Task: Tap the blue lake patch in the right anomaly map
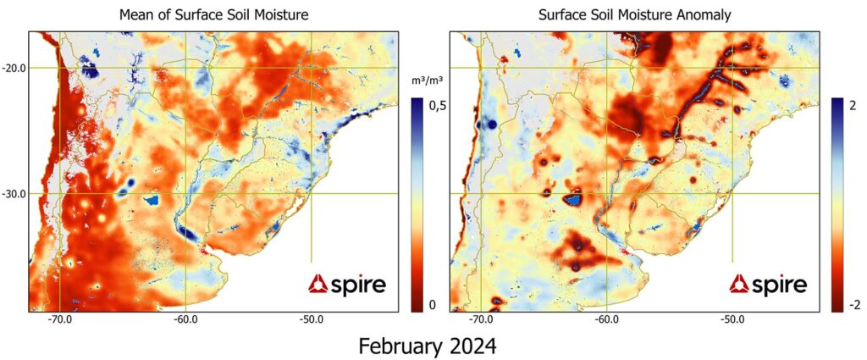[x=573, y=200]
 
